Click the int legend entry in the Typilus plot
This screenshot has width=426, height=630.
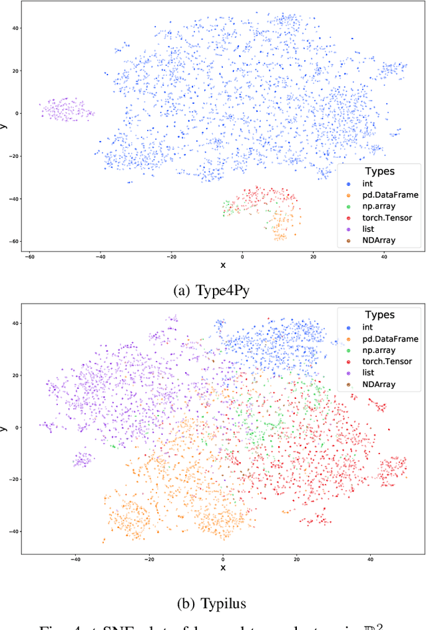click(x=368, y=328)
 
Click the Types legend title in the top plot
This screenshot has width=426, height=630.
click(x=379, y=171)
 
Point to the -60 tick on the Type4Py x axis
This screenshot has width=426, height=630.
click(x=29, y=256)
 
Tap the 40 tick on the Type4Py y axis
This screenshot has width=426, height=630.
click(x=14, y=28)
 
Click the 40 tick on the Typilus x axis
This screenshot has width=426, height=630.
click(x=370, y=559)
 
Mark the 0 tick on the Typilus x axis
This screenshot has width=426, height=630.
click(x=223, y=559)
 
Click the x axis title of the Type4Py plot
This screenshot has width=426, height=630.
click(x=223, y=265)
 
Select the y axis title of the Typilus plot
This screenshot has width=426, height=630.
click(x=4, y=427)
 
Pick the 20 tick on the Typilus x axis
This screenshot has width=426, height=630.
click(x=297, y=559)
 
